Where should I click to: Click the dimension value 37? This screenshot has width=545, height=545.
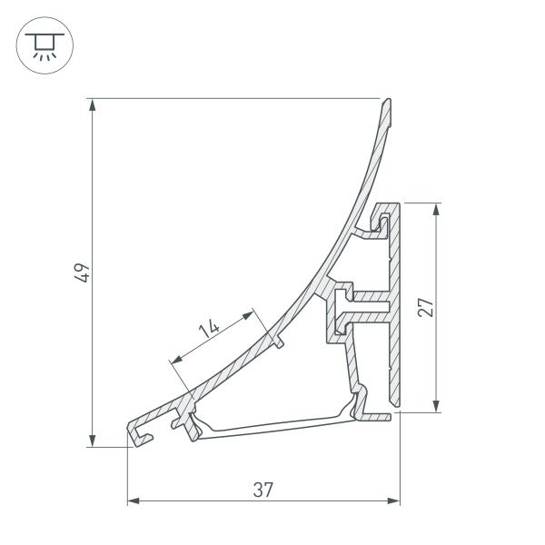(x=263, y=490)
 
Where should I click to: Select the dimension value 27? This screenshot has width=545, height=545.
(x=424, y=306)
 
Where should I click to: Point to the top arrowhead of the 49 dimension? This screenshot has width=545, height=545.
(x=93, y=104)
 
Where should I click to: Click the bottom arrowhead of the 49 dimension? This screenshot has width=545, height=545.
(x=93, y=440)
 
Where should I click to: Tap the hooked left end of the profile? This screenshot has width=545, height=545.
(x=138, y=433)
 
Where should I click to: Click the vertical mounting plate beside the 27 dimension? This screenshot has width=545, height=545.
(x=396, y=309)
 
